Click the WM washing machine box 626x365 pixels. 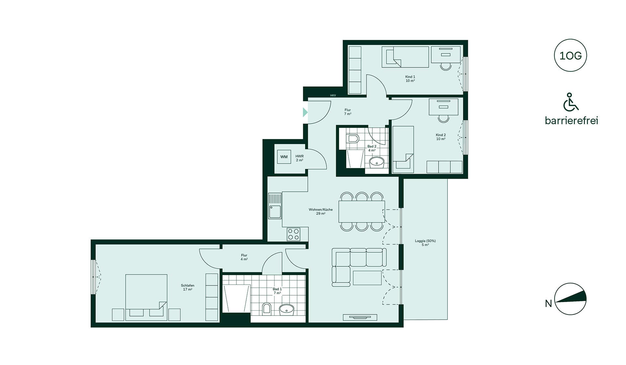pos(284,157)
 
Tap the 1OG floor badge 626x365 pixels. pos(570,55)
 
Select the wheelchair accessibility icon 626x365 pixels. pos(571,102)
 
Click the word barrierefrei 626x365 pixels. pos(572,121)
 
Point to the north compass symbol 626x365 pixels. pos(571,299)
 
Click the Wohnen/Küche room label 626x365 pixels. pos(321,212)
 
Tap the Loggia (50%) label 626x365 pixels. pos(425,243)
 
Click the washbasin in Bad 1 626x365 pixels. pos(287,310)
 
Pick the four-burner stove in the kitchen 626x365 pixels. pos(293,234)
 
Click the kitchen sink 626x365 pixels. pos(275,206)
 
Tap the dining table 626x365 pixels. pos(362,212)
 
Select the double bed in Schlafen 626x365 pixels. pos(146,297)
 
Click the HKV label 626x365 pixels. pos(333,95)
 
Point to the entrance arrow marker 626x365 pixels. pos(305,112)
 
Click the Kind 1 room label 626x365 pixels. pos(410,79)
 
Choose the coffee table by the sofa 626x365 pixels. pos(367,278)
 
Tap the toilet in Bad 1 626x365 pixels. pos(266,309)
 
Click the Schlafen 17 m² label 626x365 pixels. pos(187,287)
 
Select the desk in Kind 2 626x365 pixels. pos(444,107)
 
